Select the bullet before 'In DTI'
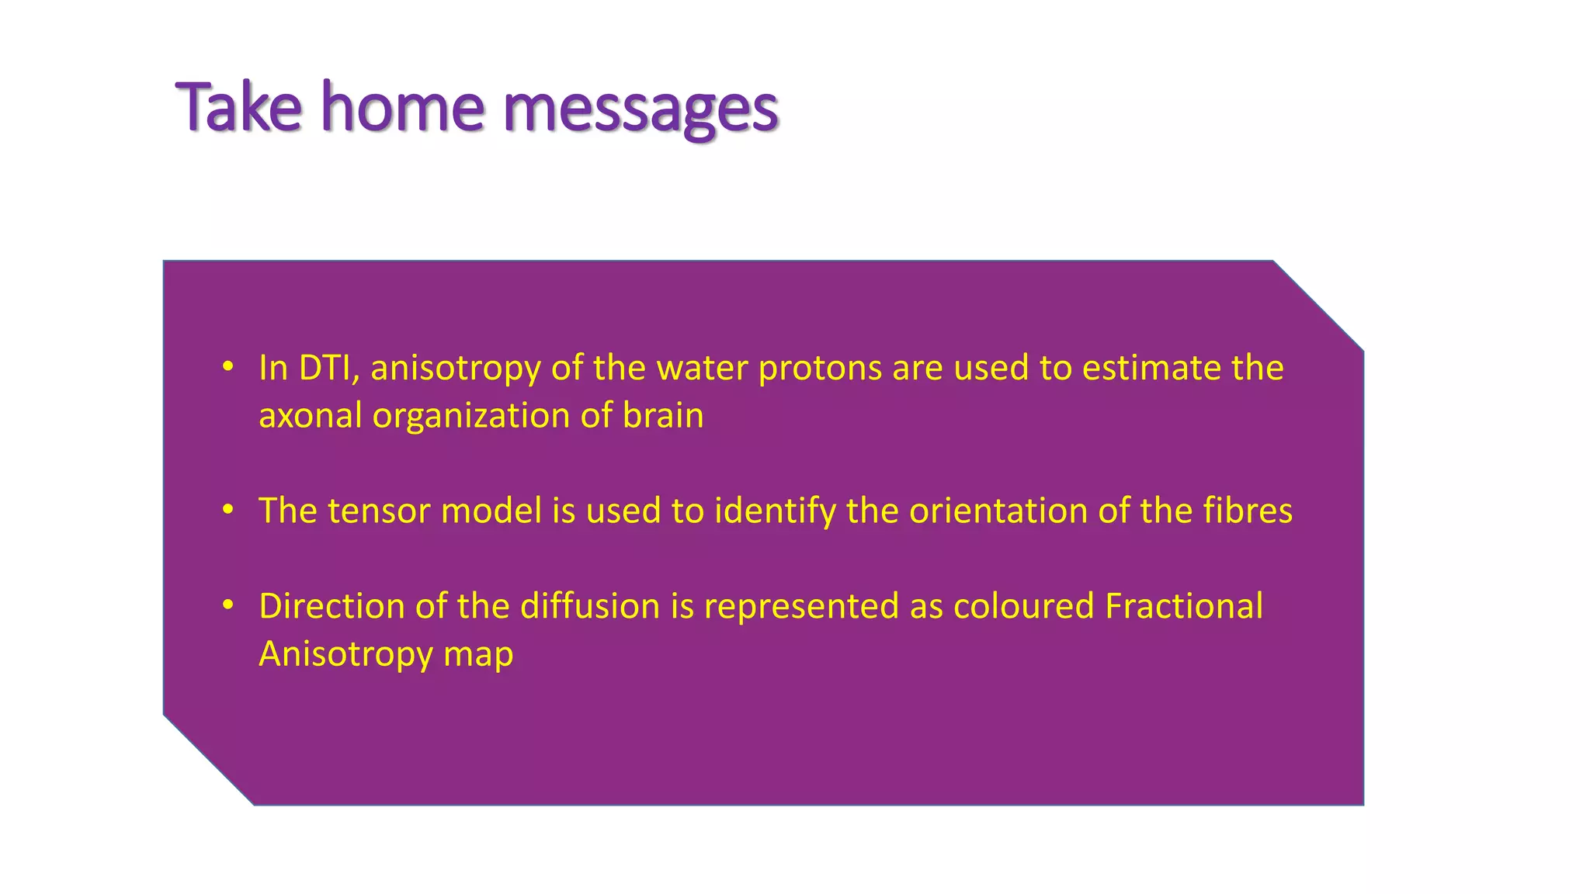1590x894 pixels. (227, 367)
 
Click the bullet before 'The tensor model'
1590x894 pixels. (227, 510)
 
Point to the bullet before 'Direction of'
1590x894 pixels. (227, 605)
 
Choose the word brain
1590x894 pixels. (663, 416)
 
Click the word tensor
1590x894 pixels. (379, 511)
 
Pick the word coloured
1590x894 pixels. (1023, 606)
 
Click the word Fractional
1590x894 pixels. (1183, 606)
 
